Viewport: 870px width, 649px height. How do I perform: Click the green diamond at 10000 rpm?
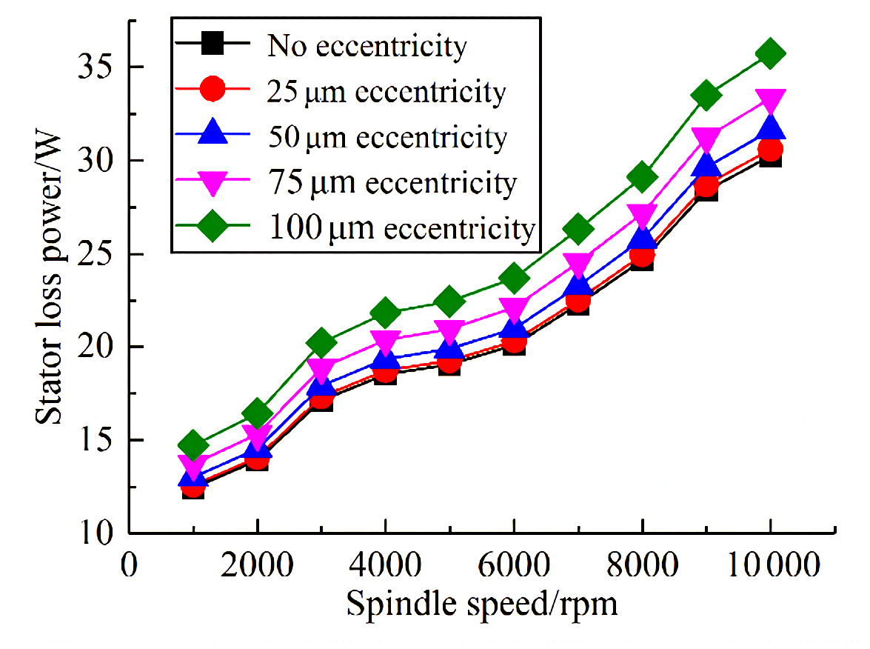(770, 53)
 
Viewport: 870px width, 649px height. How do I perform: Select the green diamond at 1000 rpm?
(193, 445)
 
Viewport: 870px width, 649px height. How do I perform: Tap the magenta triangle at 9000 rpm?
(706, 139)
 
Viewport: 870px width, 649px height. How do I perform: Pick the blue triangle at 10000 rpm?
(770, 128)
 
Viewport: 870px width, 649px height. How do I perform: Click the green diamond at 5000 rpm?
(449, 301)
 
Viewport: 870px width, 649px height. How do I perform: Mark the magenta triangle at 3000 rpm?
(321, 369)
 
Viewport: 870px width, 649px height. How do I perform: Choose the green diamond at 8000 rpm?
(642, 177)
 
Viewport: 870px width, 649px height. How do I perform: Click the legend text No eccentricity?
(367, 47)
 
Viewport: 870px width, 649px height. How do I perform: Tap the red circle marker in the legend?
(213, 91)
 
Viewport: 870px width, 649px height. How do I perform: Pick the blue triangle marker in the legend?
(213, 136)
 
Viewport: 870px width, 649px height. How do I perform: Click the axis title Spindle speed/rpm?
(481, 605)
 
